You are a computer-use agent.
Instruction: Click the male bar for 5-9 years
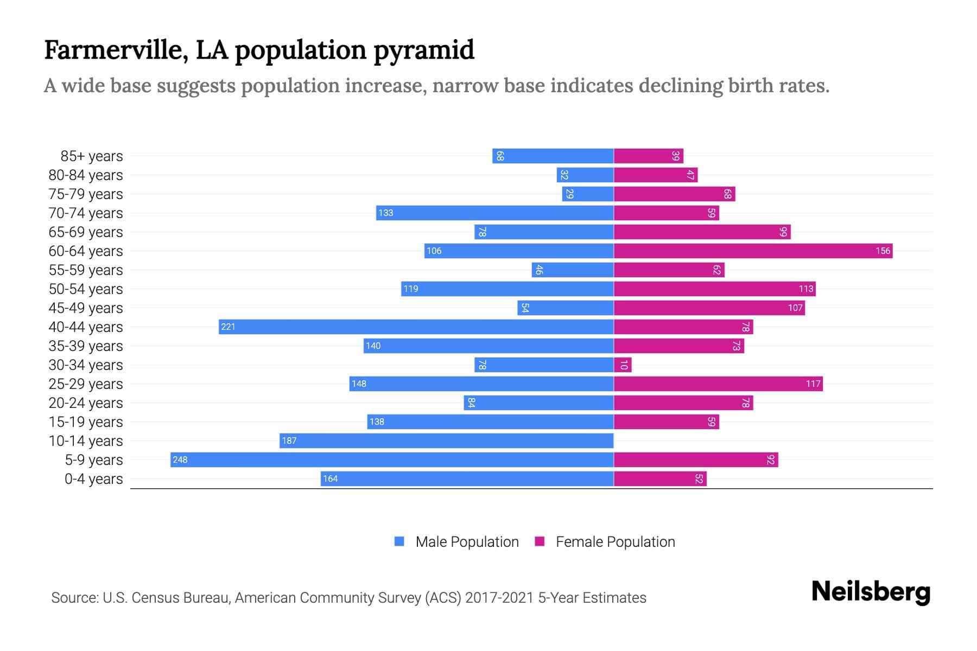392,459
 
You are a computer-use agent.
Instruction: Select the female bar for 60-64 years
753,251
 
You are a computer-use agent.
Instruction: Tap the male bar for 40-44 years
416,327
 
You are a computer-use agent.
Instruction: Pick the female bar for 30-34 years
623,365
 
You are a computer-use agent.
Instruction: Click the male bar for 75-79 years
588,194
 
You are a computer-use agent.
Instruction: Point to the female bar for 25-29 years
718,384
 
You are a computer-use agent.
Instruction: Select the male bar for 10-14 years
446,441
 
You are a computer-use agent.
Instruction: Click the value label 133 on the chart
386,213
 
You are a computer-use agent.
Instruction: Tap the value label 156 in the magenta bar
883,251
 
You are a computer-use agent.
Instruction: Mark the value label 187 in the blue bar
289,441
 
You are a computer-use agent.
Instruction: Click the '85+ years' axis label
92,156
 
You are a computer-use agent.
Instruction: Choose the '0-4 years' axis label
93,479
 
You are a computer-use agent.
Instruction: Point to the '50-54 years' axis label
86,289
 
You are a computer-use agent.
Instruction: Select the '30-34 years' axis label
86,365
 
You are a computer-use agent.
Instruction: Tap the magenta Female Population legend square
540,541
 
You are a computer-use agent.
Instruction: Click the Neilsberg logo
871,592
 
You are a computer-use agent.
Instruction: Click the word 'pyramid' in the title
423,50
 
